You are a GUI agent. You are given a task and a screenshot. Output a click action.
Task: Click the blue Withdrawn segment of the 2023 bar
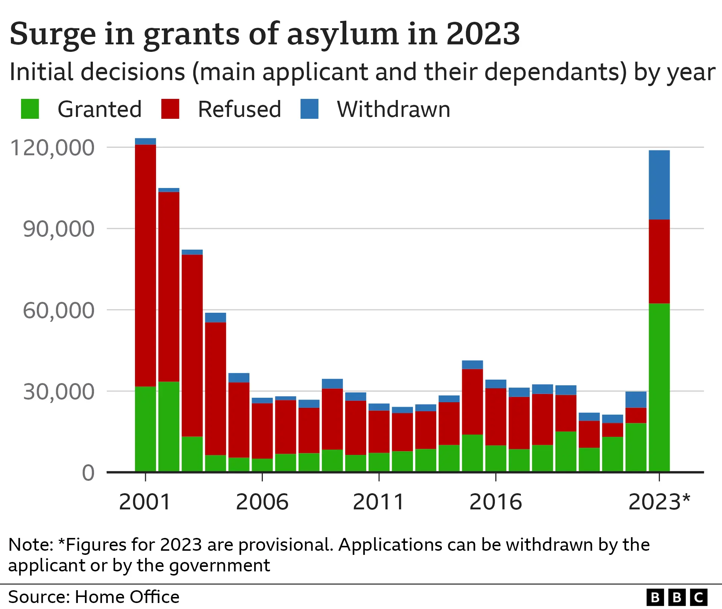click(659, 185)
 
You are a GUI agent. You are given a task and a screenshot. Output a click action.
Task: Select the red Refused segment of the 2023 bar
click(659, 261)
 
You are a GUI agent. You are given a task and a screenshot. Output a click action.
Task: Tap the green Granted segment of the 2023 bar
click(659, 387)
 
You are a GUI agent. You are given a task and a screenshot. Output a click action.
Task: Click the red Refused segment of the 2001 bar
click(146, 265)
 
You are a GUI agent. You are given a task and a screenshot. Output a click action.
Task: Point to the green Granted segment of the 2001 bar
click(146, 429)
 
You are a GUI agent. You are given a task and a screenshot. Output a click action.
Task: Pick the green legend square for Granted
click(30, 109)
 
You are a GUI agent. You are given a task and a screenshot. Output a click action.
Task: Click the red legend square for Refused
click(170, 109)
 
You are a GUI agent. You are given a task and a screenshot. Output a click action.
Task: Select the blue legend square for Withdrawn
click(309, 109)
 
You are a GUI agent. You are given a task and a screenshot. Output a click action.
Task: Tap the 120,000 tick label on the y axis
click(52, 147)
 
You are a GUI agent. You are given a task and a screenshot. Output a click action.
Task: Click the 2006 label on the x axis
click(262, 502)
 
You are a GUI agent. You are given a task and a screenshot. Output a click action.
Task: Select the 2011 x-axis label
click(379, 502)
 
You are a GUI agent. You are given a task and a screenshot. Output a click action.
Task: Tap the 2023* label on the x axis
click(659, 502)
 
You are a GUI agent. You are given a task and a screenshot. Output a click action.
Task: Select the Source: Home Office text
click(94, 597)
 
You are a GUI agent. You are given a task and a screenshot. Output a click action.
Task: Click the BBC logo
click(677, 597)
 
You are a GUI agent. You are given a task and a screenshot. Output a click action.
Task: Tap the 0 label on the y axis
click(88, 473)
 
